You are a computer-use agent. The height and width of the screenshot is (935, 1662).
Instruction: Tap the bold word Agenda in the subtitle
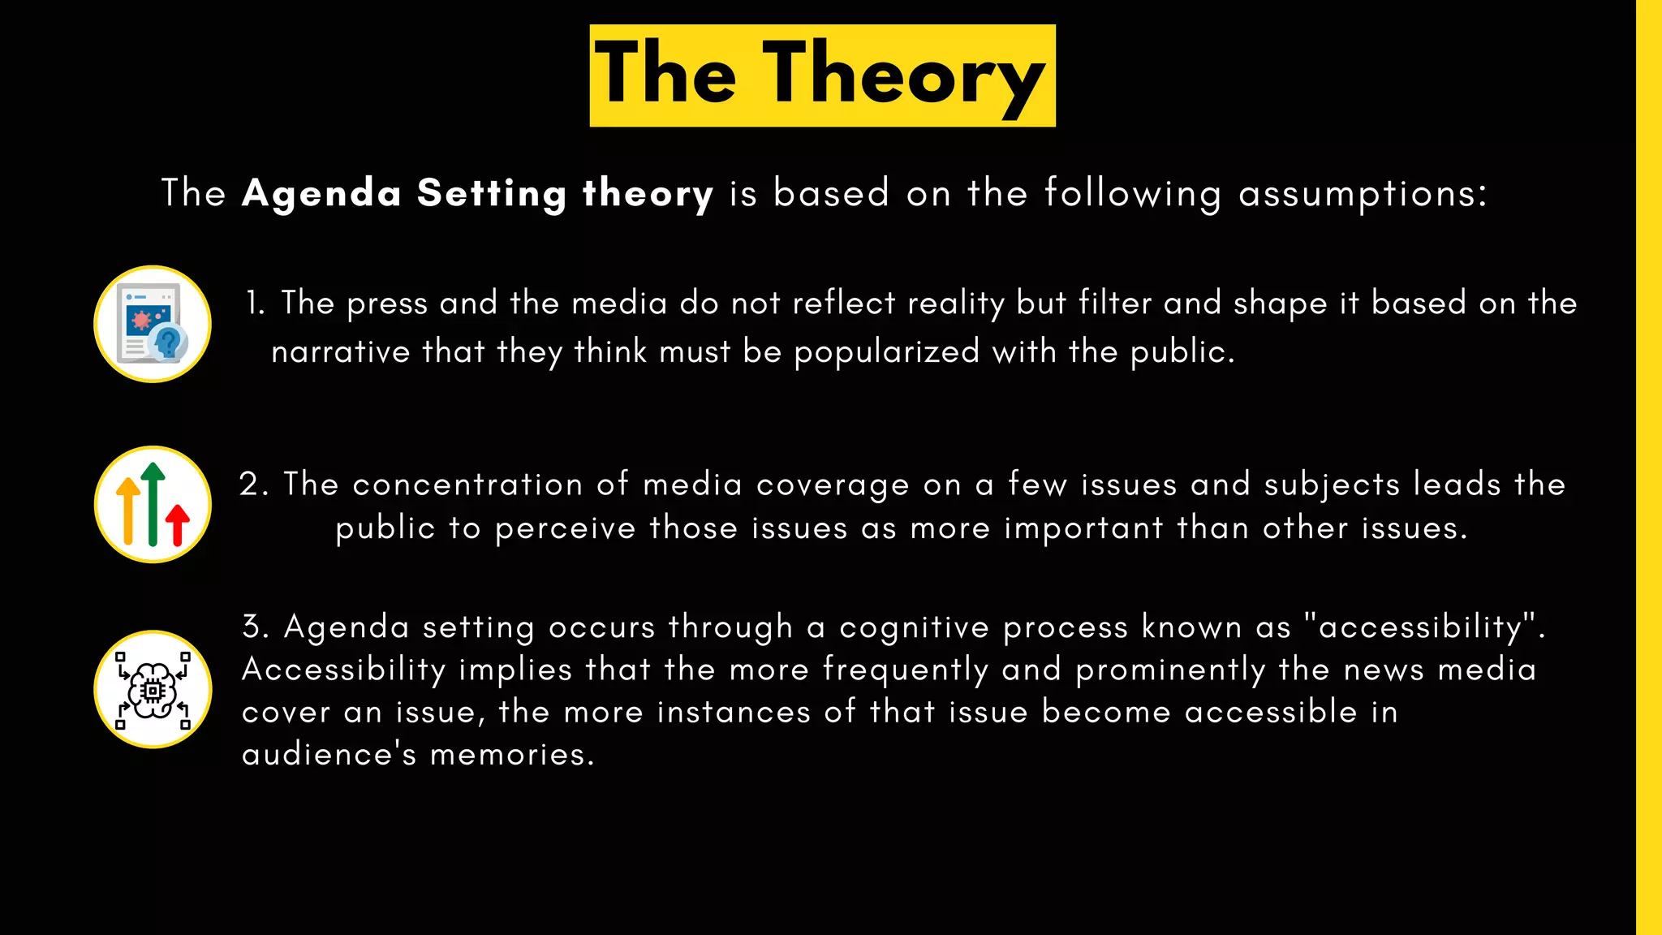click(x=321, y=194)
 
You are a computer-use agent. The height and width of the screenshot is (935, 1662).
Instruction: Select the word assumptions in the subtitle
click(x=1363, y=194)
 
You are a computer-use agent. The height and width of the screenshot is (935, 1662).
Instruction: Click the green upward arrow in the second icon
click(x=153, y=503)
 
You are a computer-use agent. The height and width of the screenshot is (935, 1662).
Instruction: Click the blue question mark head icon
click(x=169, y=341)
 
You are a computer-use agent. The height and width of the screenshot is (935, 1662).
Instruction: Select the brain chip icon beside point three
click(x=153, y=690)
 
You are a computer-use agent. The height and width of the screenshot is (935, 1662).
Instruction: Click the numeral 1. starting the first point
click(x=255, y=304)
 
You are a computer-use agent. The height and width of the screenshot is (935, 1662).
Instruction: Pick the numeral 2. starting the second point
click(x=254, y=485)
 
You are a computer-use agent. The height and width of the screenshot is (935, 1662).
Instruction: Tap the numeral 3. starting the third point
click(x=256, y=627)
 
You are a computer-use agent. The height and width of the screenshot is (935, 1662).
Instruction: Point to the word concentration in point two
click(x=467, y=485)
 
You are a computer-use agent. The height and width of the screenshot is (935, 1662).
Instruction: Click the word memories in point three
click(x=512, y=755)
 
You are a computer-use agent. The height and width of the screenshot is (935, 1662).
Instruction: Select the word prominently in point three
click(x=1170, y=670)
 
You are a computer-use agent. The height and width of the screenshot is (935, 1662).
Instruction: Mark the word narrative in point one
click(x=341, y=352)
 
